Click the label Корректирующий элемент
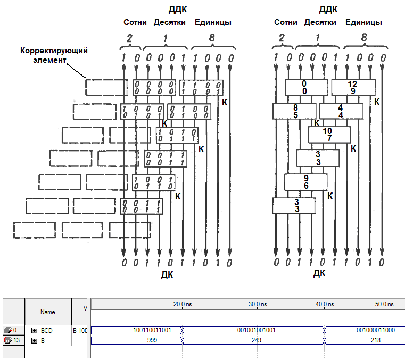[53, 56]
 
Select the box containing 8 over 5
[294, 111]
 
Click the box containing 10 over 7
[329, 135]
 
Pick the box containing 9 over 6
[305, 182]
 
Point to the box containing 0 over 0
[306, 87]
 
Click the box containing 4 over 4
[341, 111]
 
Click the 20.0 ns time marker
[183, 304]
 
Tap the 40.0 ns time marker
[325, 304]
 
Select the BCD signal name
[46, 330]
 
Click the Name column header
[47, 312]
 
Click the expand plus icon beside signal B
[34, 340]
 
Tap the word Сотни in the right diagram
[285, 22]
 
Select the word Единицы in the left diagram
[213, 22]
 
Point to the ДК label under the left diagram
[167, 274]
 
